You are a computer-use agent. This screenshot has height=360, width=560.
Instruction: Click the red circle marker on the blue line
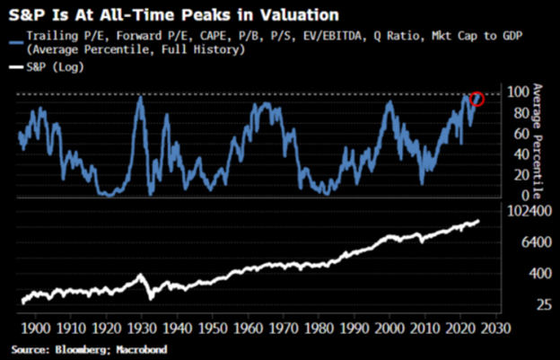coord(477,99)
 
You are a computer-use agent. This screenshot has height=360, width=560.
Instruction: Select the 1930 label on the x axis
coord(143,329)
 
